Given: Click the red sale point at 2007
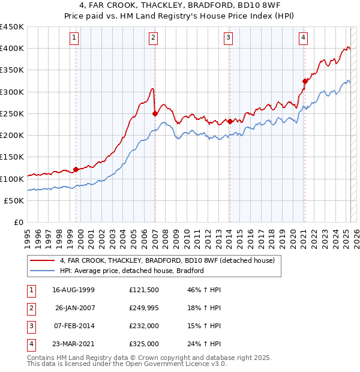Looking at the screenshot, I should coord(155,113).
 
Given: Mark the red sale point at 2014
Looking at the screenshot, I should coord(230,121).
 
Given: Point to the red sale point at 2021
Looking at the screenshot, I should coord(305,81).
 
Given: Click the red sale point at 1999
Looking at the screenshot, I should coord(76,169).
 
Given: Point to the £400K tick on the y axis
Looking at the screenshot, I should coord(12,48).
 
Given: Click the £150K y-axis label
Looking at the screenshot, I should coord(12,157).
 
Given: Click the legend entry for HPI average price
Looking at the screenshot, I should coord(132,271).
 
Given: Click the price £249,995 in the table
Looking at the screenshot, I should coord(144,308).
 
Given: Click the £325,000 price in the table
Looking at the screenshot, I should coord(144,344).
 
